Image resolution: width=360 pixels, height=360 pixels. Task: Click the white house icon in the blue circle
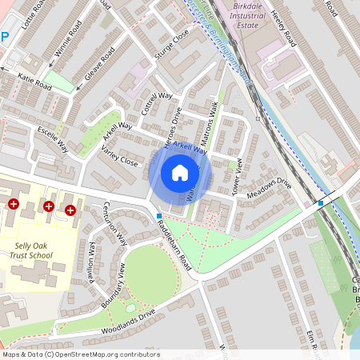pos(180,172)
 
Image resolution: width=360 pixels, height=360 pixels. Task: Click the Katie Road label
pos(35,81)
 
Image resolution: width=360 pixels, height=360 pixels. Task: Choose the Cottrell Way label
pos(157,104)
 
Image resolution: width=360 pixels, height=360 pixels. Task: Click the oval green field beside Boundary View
pos(150,274)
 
